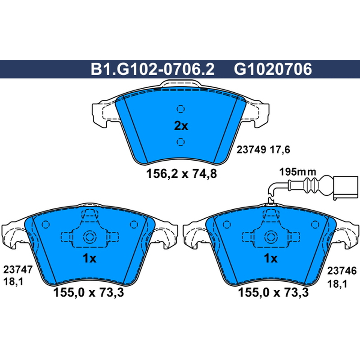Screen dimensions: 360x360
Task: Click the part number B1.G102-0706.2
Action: pyautogui.click(x=153, y=69)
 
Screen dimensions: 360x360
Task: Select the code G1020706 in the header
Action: pyautogui.click(x=273, y=69)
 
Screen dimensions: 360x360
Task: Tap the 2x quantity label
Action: pyautogui.click(x=181, y=126)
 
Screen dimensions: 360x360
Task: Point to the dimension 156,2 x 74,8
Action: pyautogui.click(x=181, y=174)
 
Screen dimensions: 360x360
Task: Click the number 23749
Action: pyautogui.click(x=252, y=150)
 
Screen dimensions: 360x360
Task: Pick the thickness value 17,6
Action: pyautogui.click(x=280, y=150)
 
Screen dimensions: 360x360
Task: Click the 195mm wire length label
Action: pyautogui.click(x=297, y=172)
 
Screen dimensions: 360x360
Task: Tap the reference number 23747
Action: pyautogui.click(x=18, y=270)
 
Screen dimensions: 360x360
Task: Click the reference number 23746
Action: pyautogui.click(x=342, y=271)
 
